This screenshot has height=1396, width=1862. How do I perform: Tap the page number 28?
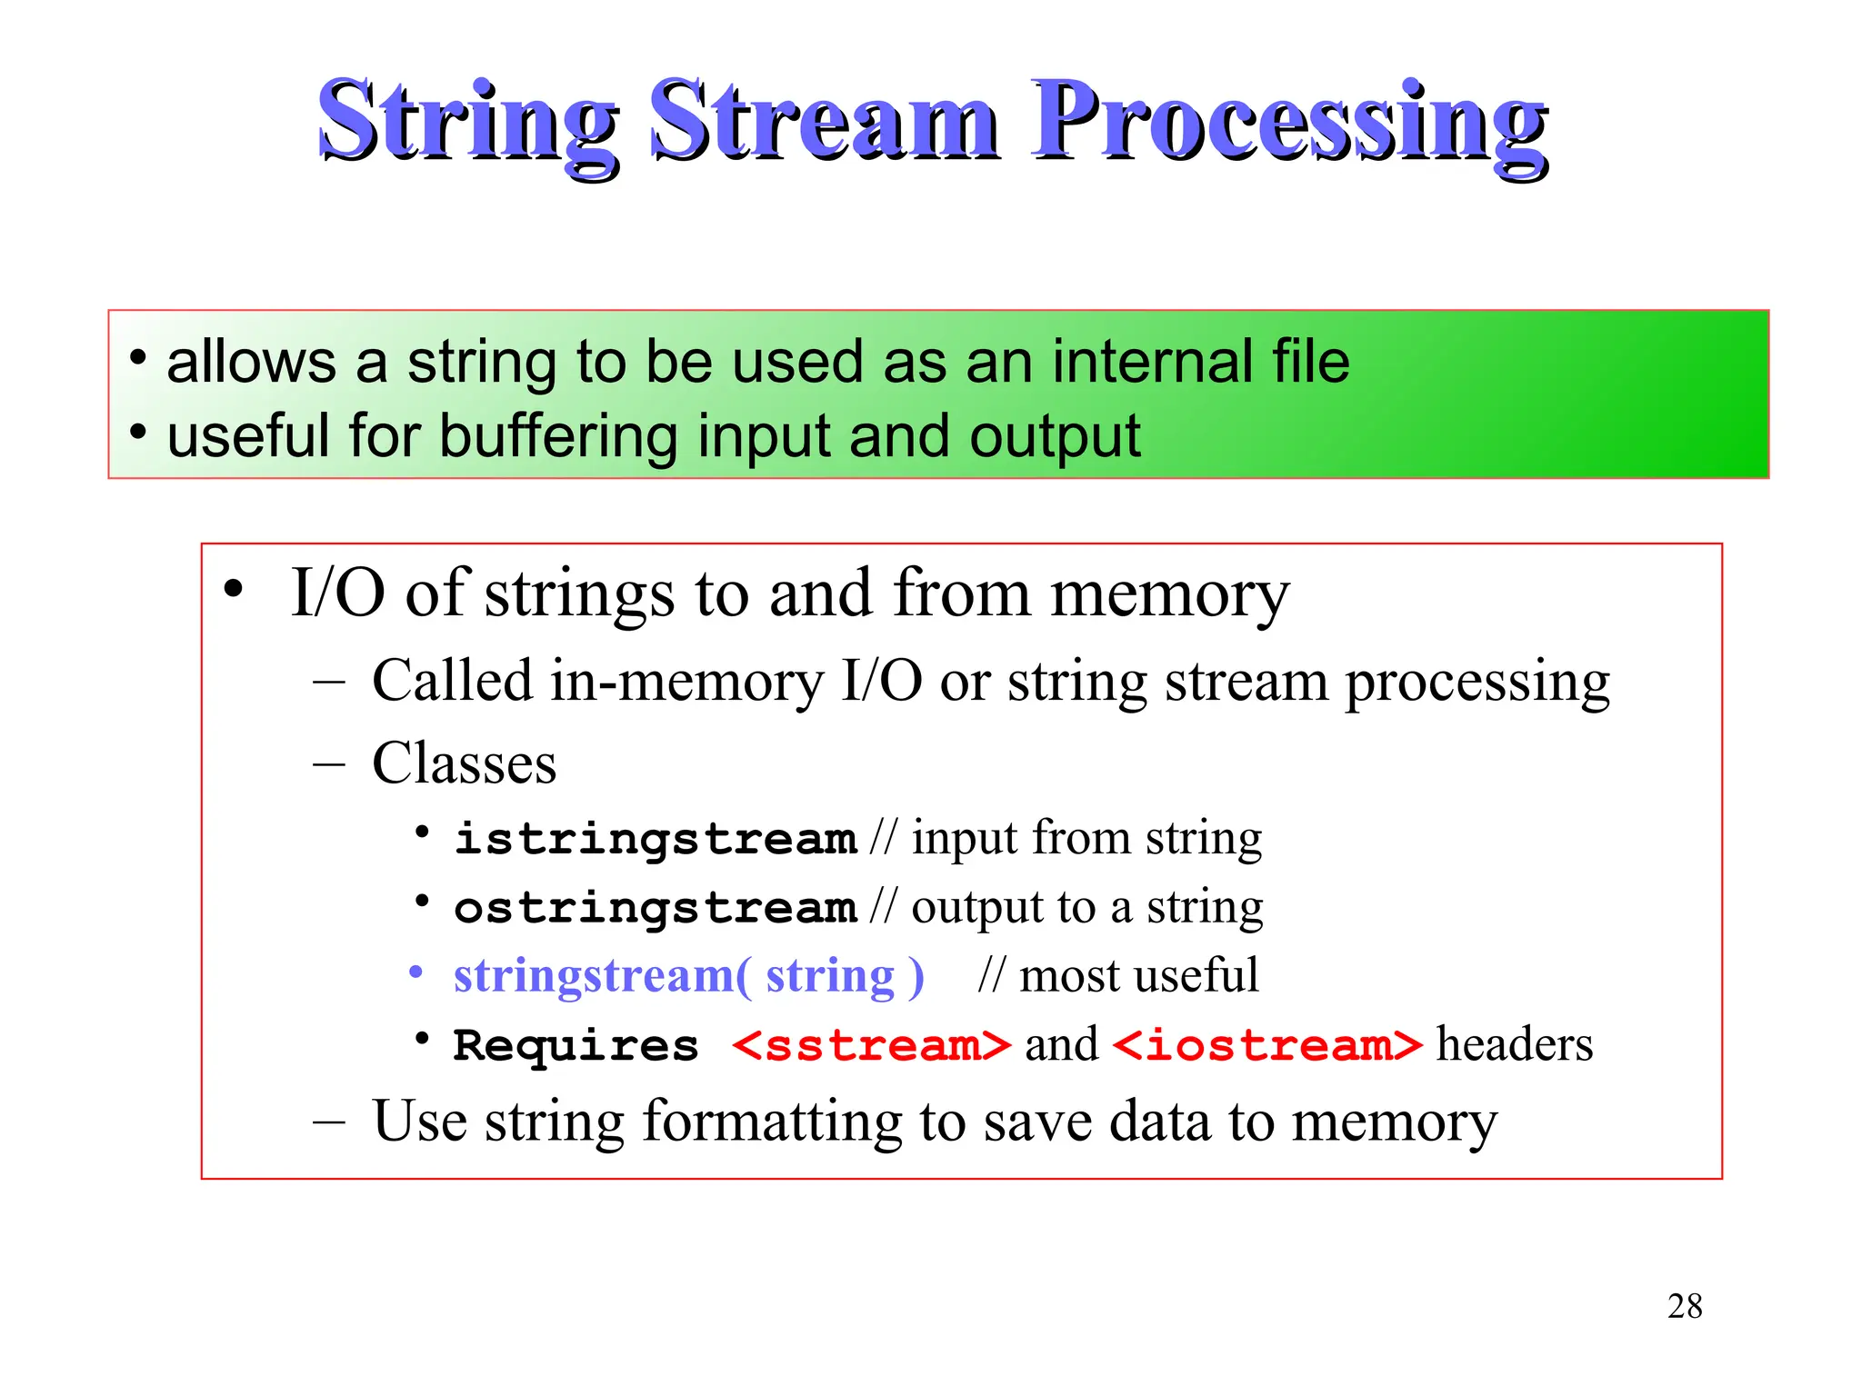coord(1684,1306)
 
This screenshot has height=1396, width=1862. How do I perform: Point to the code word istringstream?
coord(656,838)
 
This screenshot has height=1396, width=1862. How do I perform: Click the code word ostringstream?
coord(656,907)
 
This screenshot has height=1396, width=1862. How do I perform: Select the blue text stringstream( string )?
coord(688,976)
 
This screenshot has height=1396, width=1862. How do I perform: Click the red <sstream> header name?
coord(871,1045)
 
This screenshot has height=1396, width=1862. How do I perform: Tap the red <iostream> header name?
coord(1266,1045)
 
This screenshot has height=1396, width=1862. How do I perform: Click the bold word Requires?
coord(576,1045)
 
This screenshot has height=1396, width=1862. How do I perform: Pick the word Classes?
coord(464,763)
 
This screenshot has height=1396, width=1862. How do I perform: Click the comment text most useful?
coord(1138,976)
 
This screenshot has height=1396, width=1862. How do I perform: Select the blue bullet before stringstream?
coord(416,973)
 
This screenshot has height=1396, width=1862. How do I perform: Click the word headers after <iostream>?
coord(1514,1045)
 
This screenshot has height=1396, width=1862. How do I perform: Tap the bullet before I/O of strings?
coord(234,589)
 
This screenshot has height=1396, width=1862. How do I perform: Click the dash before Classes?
coord(328,763)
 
